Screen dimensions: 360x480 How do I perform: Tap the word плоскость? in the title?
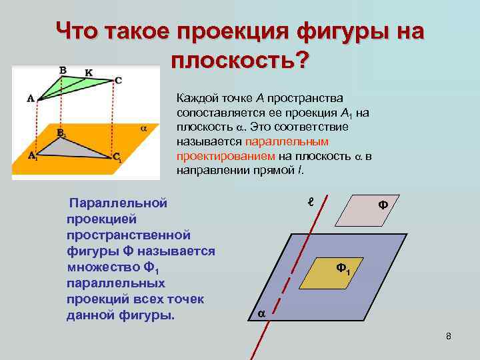coord(240,61)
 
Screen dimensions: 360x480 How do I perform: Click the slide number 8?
coord(449,335)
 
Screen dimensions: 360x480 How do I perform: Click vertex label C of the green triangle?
coord(118,81)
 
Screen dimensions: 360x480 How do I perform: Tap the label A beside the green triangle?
coord(31,98)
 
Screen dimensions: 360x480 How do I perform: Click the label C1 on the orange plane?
coord(116,158)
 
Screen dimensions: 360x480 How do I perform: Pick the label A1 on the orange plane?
coord(32,157)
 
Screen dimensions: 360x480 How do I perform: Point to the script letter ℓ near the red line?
coord(309,201)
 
